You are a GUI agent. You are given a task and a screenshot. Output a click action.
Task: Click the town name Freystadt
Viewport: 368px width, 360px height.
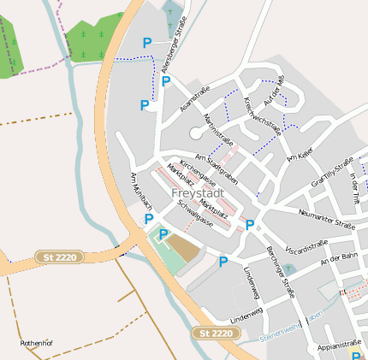[198, 194]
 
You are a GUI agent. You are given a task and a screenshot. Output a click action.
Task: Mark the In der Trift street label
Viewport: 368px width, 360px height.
[356, 187]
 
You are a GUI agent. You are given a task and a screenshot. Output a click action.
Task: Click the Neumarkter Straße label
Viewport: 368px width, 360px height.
[326, 219]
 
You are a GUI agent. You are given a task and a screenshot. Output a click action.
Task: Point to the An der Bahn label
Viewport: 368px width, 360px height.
[338, 260]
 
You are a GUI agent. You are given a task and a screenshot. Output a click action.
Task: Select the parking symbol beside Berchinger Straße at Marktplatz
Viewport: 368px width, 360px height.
[250, 226]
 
